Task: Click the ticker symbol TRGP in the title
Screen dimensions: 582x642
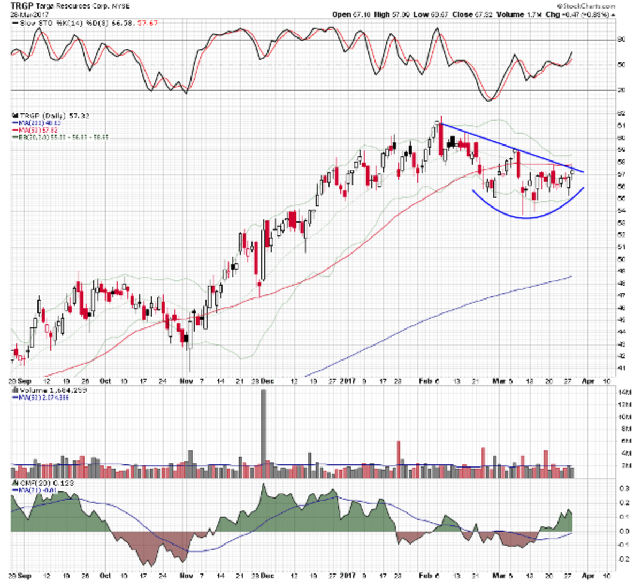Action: (20, 6)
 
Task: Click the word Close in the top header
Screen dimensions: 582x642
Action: (461, 14)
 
